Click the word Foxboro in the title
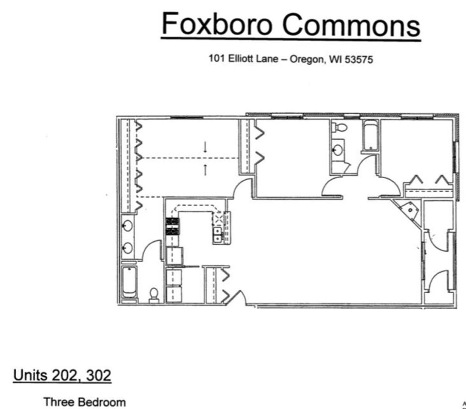pyautogui.click(x=217, y=24)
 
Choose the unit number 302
pyautogui.click(x=99, y=375)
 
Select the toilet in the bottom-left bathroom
pyautogui.click(x=154, y=295)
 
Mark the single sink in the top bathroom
pyautogui.click(x=337, y=150)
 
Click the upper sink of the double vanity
pyautogui.click(x=127, y=226)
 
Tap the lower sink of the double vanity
pyautogui.click(x=127, y=248)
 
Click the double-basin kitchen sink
pyautogui.click(x=217, y=234)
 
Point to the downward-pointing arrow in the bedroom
pyautogui.click(x=205, y=147)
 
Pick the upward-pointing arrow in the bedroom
pyautogui.click(x=205, y=170)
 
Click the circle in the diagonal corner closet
pyautogui.click(x=410, y=210)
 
